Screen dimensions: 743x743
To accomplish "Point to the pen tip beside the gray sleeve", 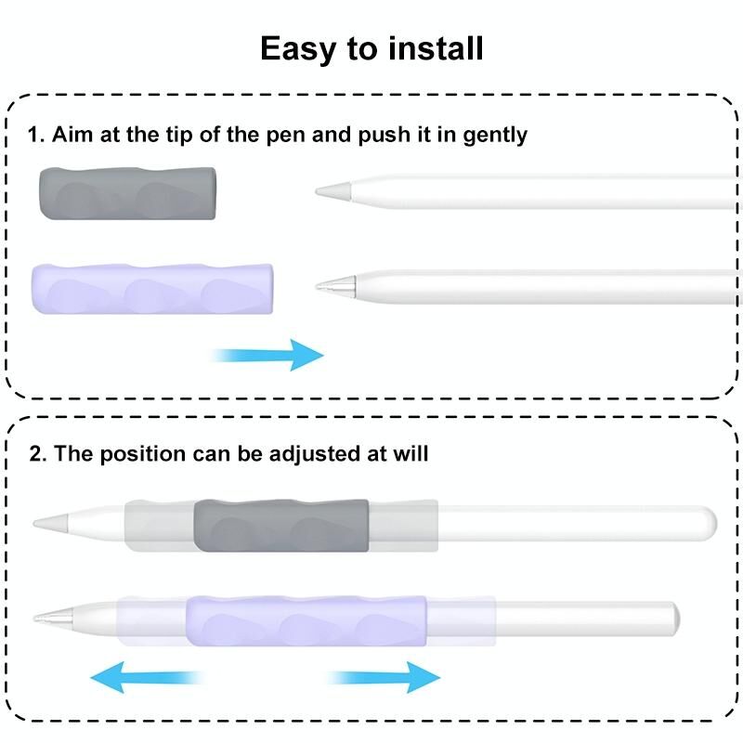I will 328,191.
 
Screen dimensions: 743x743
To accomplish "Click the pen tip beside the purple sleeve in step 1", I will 328,285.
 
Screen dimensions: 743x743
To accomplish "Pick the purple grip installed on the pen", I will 307,619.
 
